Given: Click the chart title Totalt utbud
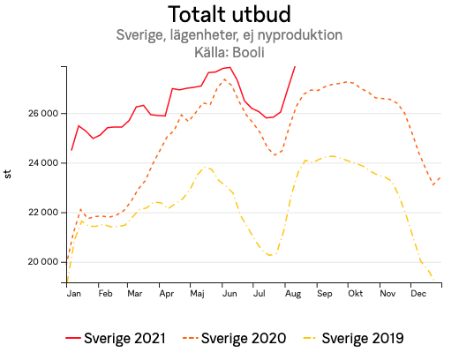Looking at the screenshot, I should point(229,15).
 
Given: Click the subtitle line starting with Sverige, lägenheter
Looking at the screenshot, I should point(229,35).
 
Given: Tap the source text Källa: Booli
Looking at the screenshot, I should point(229,52).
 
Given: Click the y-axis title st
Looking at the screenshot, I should point(8,174).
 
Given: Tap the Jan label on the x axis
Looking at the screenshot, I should point(74,293).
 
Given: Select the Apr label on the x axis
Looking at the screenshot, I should point(166,293).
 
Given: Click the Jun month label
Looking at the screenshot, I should point(228,293).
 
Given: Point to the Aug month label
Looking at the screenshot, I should point(290,293).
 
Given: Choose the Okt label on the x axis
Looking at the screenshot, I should point(354,293).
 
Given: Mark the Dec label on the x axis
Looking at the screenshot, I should point(418,293).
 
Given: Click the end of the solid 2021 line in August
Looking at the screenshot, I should point(295,67).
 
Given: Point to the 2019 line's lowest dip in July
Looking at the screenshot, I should point(270,255).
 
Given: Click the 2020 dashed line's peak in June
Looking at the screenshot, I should point(224,79).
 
